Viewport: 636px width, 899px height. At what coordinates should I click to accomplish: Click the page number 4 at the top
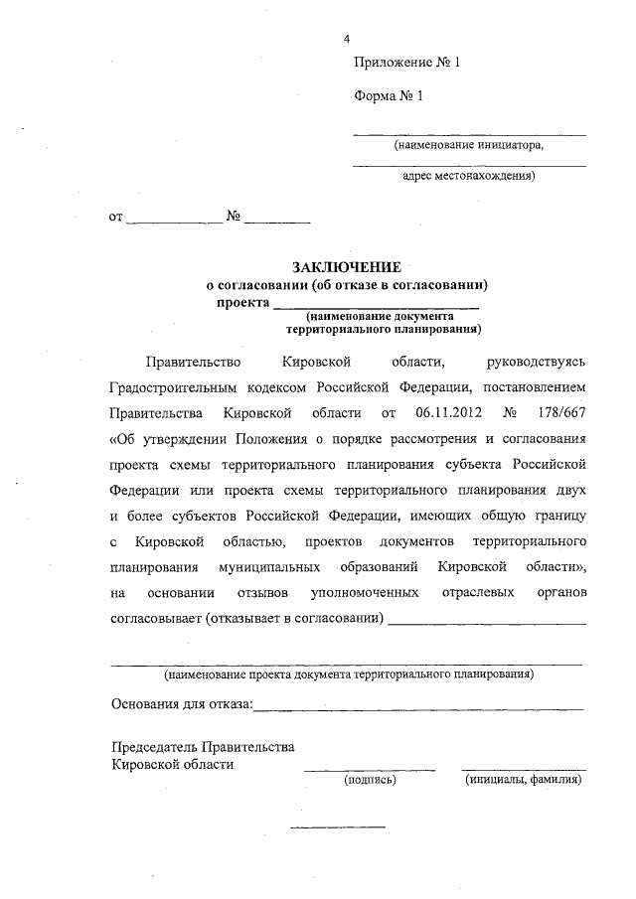pyautogui.click(x=347, y=39)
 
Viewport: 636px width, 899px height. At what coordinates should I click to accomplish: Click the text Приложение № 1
pyautogui.click(x=408, y=63)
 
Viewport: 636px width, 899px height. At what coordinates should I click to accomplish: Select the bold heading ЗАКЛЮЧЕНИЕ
pyautogui.click(x=346, y=268)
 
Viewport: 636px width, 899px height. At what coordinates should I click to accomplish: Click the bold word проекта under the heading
pyautogui.click(x=242, y=302)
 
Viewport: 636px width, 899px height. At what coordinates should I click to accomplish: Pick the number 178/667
pyautogui.click(x=561, y=411)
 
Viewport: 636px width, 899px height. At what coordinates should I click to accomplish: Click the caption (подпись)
pyautogui.click(x=369, y=781)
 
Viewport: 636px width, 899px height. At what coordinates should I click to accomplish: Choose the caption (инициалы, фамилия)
pyautogui.click(x=524, y=781)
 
